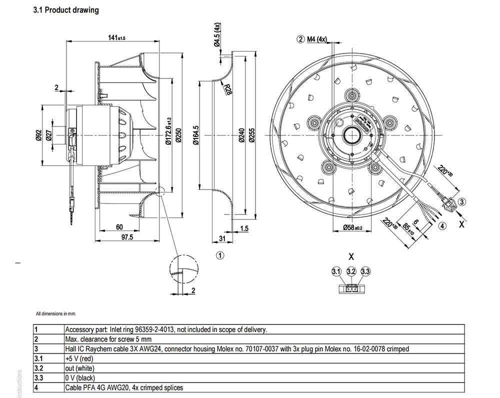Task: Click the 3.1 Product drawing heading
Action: coord(65,10)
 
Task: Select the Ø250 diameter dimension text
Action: coord(178,134)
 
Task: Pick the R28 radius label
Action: coord(228,89)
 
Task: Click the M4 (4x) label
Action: coord(316,38)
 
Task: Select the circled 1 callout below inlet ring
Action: coord(219,255)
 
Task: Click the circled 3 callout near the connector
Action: coord(462,201)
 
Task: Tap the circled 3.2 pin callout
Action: coord(351,271)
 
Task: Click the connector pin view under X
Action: coord(351,288)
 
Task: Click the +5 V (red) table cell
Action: coord(80,358)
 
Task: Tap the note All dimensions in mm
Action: coord(56,314)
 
